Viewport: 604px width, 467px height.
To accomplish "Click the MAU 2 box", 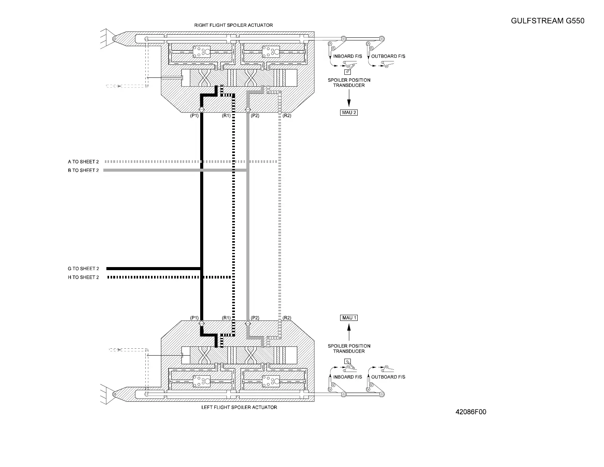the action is [349, 113].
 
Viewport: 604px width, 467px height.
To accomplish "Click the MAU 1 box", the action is [349, 318].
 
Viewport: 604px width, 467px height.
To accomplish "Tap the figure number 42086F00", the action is [471, 412].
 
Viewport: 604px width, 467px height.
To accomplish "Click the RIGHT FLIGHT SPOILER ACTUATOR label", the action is [233, 25].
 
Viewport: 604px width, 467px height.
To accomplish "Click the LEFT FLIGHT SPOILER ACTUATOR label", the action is [239, 407].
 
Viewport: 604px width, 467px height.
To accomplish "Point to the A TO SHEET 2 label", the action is [83, 162].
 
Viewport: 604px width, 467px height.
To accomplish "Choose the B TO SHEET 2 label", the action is [83, 171].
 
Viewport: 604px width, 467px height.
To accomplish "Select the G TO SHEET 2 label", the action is [83, 269].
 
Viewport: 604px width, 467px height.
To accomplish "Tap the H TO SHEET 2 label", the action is [83, 277].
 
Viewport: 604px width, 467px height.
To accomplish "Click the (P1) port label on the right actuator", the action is [194, 116].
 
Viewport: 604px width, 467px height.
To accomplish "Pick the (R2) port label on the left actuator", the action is [287, 318].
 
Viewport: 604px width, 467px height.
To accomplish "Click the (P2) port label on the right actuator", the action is [255, 116].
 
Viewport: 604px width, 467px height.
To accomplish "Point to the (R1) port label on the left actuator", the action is [226, 318].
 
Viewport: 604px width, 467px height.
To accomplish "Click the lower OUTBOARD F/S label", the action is [388, 377].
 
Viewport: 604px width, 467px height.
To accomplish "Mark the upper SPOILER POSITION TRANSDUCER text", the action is [349, 83].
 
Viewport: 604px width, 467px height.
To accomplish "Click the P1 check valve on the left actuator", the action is [202, 324].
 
